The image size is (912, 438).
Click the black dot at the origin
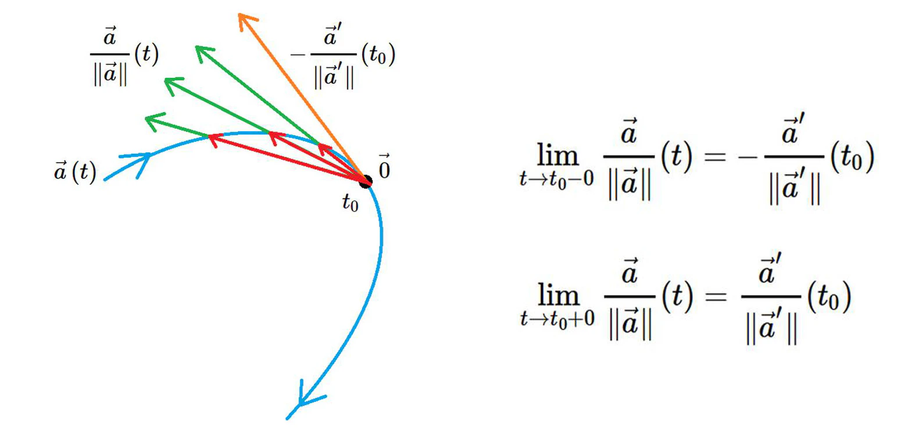[366, 182]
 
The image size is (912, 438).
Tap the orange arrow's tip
[239, 15]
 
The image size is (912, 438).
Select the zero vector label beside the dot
[384, 167]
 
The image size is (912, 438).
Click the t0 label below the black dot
[350, 202]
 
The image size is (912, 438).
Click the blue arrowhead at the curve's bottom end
[301, 404]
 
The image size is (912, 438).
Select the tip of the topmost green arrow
[196, 47]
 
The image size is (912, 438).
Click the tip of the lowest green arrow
[146, 119]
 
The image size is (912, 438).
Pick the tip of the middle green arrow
[166, 80]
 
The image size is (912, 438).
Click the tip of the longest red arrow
[209, 136]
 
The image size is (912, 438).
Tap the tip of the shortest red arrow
[319, 145]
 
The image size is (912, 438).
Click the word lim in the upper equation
[558, 155]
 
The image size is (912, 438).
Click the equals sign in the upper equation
[715, 156]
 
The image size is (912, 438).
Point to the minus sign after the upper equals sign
[748, 157]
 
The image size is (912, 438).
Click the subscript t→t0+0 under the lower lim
[557, 319]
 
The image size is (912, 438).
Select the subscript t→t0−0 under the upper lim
[557, 179]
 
